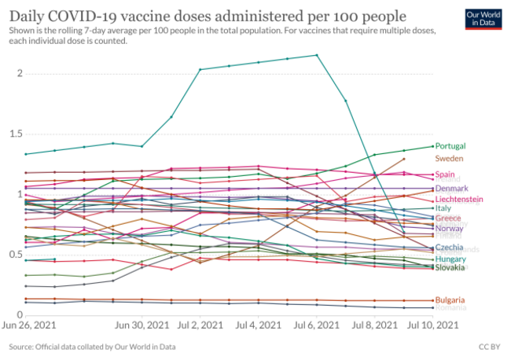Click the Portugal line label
pyautogui.click(x=450, y=146)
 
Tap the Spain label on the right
pyautogui.click(x=446, y=174)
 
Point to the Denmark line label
pyautogui.click(x=451, y=189)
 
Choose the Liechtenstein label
pyautogui.click(x=460, y=200)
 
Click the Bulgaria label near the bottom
pyautogui.click(x=450, y=300)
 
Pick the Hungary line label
pyautogui.click(x=450, y=259)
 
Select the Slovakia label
pyautogui.click(x=450, y=267)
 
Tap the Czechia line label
pyautogui.click(x=449, y=248)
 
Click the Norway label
pyautogui.click(x=449, y=228)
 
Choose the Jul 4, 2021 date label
pyautogui.click(x=258, y=325)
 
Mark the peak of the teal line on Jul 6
pyautogui.click(x=316, y=55)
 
